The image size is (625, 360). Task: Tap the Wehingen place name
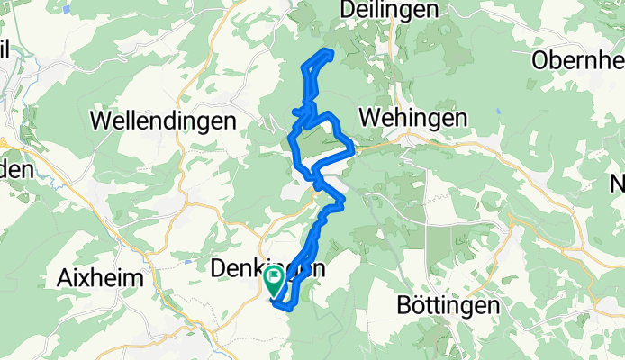point(413,118)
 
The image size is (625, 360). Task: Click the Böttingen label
point(448,306)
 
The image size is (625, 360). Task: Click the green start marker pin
point(274,282)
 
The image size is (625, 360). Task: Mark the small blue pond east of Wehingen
point(497,113)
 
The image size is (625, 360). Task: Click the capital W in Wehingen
point(369,118)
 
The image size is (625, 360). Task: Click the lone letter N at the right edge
point(618,183)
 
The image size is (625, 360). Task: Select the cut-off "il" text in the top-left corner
point(5,50)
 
